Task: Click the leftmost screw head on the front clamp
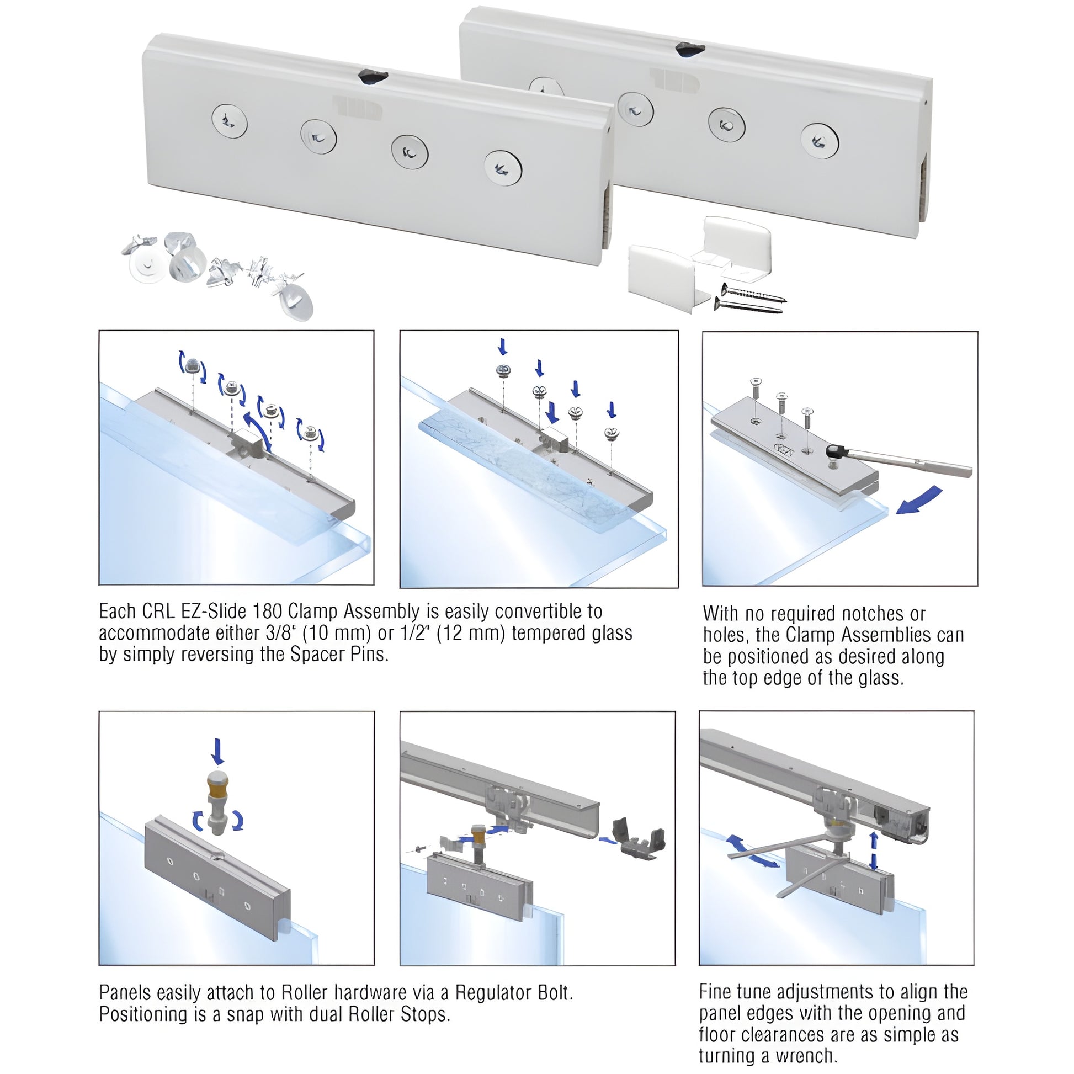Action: click(x=229, y=122)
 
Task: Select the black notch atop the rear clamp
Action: click(x=690, y=50)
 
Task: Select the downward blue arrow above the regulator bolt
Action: click(x=217, y=752)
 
